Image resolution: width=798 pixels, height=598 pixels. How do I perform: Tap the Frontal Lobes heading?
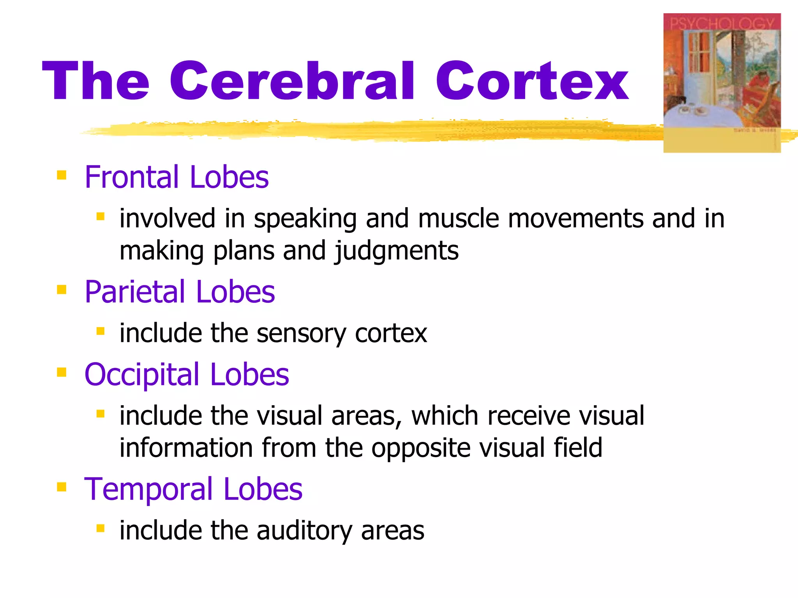(176, 177)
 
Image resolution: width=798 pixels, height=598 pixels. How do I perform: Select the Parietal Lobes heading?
(179, 292)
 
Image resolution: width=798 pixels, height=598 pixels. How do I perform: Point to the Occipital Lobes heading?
(186, 374)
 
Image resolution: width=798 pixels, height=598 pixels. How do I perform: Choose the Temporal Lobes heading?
(193, 489)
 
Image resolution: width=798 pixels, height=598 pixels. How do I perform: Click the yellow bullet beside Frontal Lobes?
(62, 175)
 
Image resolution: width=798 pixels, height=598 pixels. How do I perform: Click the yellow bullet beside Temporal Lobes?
(62, 487)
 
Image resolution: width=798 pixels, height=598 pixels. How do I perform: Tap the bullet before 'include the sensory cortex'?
(101, 331)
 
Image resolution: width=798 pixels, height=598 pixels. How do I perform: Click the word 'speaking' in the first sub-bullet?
(305, 219)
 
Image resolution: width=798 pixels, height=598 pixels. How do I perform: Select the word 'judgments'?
(397, 251)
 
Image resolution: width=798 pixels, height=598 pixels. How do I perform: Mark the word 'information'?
(186, 447)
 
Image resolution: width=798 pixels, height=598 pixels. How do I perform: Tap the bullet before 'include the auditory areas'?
(101, 528)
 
